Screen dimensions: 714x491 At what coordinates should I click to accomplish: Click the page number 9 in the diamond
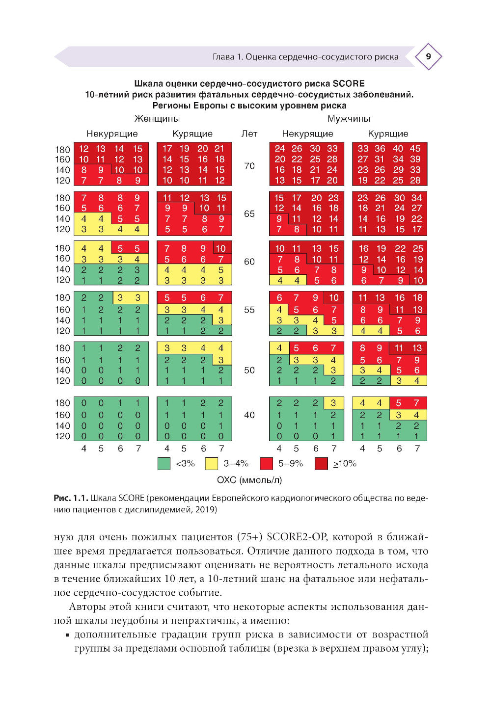(x=428, y=56)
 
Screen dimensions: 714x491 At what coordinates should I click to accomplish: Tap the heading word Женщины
(x=157, y=119)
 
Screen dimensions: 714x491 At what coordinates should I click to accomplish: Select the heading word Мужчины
(x=349, y=119)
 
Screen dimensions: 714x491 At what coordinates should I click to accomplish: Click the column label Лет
(x=249, y=133)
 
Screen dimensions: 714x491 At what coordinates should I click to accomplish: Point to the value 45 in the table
(x=415, y=149)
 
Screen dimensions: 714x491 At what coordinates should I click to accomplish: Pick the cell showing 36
(x=380, y=149)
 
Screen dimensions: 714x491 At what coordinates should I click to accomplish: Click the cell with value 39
(x=415, y=159)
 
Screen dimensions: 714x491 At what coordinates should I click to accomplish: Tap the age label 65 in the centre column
(x=249, y=214)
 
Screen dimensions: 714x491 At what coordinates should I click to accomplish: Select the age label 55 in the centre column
(x=249, y=310)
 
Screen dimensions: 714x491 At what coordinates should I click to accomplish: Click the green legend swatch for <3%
(x=164, y=463)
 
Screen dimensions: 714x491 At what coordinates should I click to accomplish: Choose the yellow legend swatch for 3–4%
(x=212, y=463)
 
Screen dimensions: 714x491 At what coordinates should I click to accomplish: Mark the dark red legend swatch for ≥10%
(x=321, y=463)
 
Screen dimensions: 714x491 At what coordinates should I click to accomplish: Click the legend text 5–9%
(x=291, y=464)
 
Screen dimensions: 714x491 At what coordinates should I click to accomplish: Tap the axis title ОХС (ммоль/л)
(x=249, y=480)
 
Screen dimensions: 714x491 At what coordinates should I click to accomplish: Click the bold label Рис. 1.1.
(x=71, y=498)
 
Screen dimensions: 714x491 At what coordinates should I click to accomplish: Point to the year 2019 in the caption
(x=206, y=510)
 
